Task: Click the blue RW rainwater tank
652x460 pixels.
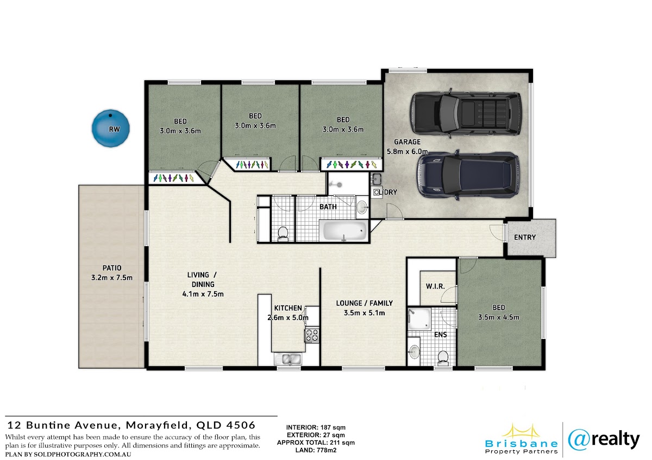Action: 111,128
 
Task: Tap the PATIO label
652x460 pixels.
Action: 112,267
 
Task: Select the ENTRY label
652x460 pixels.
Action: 525,238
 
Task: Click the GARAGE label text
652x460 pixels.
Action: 407,142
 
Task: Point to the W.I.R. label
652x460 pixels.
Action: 435,286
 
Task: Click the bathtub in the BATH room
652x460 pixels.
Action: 344,231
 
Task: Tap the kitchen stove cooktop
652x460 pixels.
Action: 312,335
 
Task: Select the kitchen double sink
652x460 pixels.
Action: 288,360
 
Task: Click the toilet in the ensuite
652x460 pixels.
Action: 443,357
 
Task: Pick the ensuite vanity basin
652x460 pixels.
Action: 414,352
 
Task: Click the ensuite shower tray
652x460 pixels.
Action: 419,319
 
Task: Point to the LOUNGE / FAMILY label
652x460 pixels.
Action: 365,303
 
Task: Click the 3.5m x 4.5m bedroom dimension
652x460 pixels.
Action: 499,317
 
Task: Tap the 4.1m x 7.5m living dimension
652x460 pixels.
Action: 203,294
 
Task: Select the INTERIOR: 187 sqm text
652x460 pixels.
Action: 316,427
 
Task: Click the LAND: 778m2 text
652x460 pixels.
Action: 316,450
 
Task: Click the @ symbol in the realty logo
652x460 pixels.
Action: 578,440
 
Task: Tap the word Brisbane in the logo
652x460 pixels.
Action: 521,444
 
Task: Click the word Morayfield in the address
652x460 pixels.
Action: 159,425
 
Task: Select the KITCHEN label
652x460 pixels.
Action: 288,308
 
